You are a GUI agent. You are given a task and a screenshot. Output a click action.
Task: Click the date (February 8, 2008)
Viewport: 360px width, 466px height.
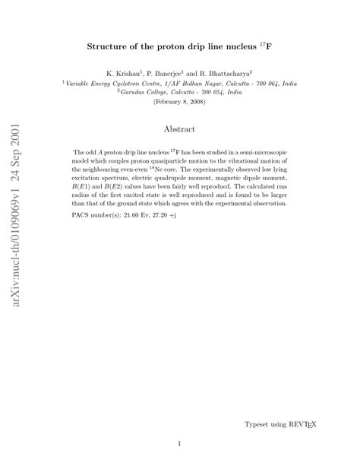179,101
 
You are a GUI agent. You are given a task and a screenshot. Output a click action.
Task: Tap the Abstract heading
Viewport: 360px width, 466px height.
179,130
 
